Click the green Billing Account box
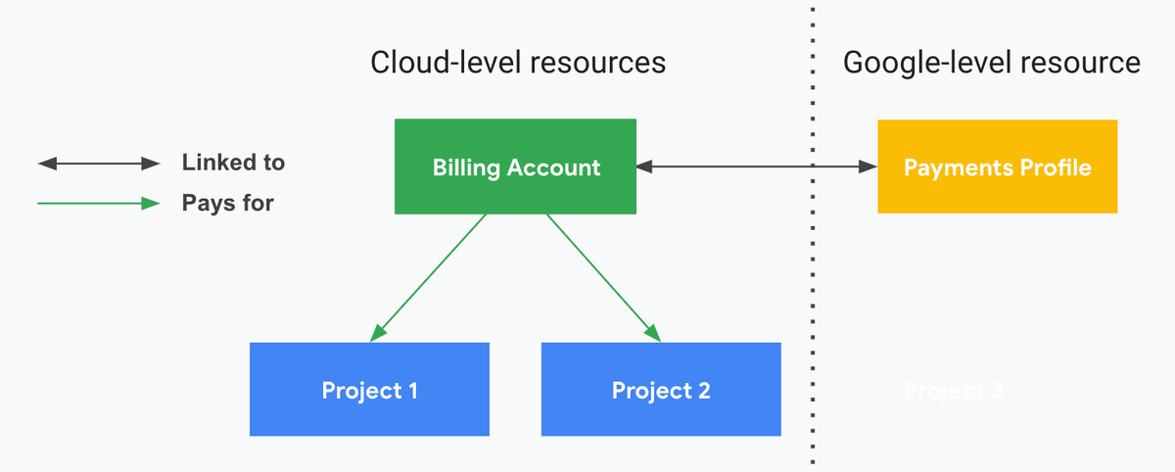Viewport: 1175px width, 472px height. (x=515, y=166)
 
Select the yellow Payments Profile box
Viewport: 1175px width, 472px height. (x=997, y=166)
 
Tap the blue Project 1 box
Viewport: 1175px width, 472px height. (x=369, y=390)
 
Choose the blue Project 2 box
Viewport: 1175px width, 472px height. (x=661, y=390)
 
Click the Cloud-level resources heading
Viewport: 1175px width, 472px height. (x=518, y=63)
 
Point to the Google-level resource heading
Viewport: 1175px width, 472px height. (x=991, y=63)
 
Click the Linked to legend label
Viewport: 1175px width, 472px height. (x=233, y=163)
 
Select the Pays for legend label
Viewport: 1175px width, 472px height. (x=227, y=204)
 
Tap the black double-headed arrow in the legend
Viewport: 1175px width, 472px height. (x=98, y=164)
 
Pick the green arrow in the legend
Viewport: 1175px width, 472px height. (x=98, y=204)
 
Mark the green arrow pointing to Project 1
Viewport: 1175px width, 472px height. (x=429, y=277)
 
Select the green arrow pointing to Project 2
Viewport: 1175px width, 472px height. (x=603, y=277)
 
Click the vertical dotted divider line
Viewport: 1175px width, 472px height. (x=813, y=294)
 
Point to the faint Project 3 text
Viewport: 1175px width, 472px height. (x=953, y=391)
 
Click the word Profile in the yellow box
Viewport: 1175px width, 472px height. (x=1054, y=167)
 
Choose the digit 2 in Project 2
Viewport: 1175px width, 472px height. (x=704, y=391)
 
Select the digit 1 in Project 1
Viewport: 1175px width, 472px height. (x=412, y=391)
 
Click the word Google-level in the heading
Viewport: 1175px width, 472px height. (x=913, y=63)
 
